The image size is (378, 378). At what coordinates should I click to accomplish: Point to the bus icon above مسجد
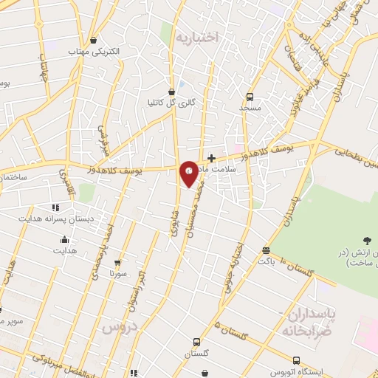pos(250,97)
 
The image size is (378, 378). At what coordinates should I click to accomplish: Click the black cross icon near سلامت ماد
pos(212,157)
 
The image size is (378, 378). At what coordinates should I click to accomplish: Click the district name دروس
pos(120,326)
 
